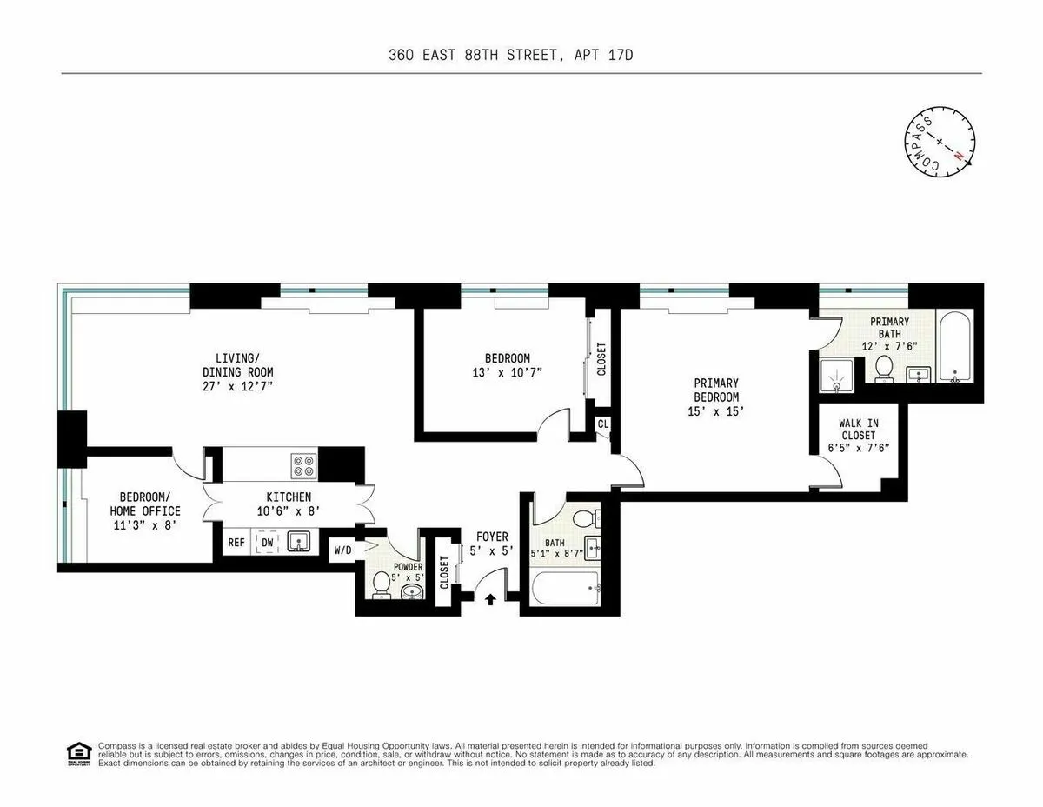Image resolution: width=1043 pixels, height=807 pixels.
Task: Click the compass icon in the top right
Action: click(x=940, y=140)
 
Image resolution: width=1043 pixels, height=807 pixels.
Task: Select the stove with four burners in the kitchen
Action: click(x=303, y=466)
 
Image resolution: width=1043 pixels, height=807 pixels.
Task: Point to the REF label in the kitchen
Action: click(x=236, y=543)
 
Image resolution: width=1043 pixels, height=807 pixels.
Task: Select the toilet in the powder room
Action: click(x=380, y=584)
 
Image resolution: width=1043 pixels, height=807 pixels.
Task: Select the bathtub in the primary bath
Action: click(x=956, y=346)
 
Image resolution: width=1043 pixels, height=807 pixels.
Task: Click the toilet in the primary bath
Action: click(x=885, y=369)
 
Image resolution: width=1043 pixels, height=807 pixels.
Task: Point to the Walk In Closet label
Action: click(x=858, y=430)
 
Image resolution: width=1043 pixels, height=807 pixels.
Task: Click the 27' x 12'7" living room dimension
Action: click(x=238, y=386)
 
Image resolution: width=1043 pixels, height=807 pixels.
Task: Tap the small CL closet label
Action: click(x=602, y=424)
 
